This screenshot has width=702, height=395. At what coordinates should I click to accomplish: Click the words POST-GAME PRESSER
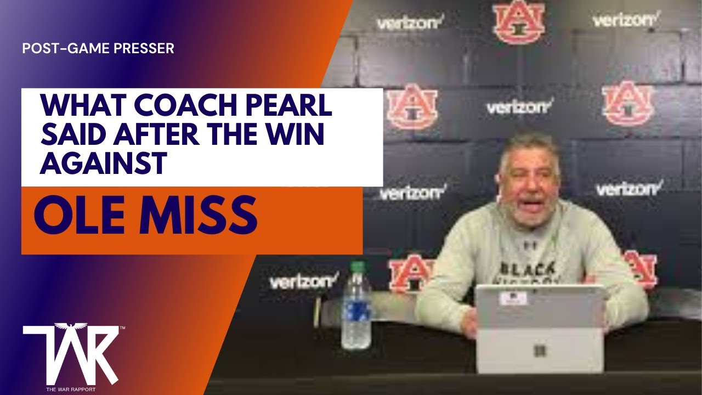pos(98,48)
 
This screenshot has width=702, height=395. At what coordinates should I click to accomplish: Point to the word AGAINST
pos(103,164)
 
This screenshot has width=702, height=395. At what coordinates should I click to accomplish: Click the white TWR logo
pos(71,354)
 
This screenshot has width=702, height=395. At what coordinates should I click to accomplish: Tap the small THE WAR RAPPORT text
pos(71,389)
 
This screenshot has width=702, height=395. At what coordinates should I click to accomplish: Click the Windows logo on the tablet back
pos(540,350)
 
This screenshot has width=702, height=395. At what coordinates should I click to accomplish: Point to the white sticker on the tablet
pos(514,298)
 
